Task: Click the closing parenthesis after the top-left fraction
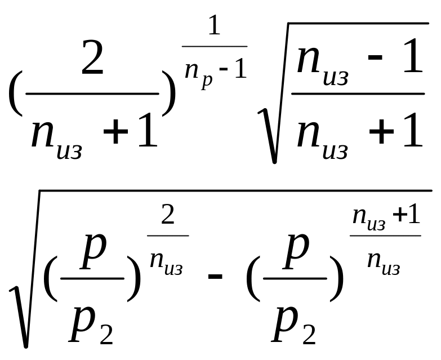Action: (x=168, y=93)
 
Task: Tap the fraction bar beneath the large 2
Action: (x=93, y=94)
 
